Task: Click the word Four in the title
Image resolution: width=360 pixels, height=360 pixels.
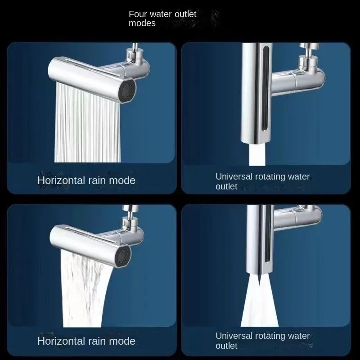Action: pos(138,14)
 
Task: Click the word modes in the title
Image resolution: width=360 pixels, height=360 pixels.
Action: pos(142,23)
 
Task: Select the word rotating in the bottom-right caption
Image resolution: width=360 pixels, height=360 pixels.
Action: pos(275,336)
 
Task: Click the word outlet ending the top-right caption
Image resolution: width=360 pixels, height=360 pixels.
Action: pos(226,186)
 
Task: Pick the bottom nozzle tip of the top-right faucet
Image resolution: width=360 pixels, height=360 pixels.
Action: pos(255,140)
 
